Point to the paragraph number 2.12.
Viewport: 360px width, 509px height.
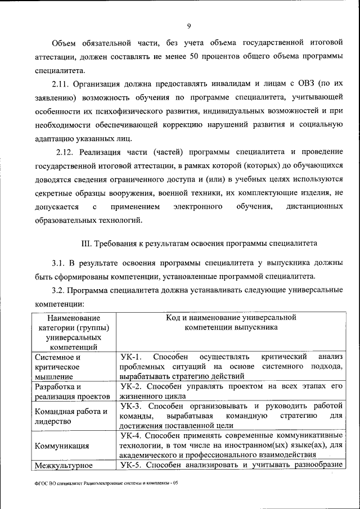[66, 152]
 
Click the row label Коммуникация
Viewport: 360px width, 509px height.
[62, 446]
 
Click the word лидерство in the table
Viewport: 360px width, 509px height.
[52, 421]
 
